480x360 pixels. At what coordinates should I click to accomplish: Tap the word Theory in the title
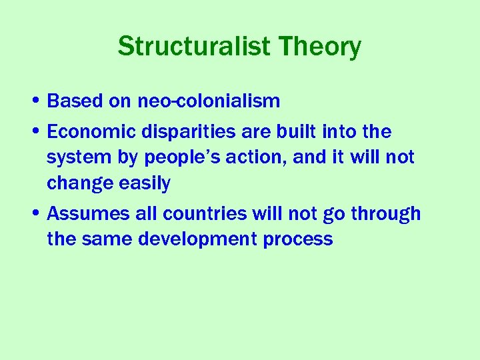tap(321, 47)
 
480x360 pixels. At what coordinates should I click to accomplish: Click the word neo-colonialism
tap(209, 101)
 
